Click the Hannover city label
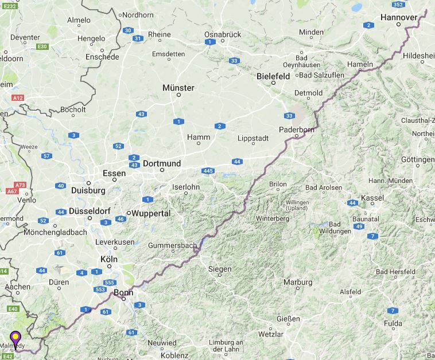click(398, 18)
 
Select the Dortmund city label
click(162, 163)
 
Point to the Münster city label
click(178, 88)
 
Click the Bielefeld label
click(273, 76)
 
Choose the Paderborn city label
click(297, 130)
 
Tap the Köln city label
click(108, 259)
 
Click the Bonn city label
click(123, 292)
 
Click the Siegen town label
click(220, 268)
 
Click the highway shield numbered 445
click(208, 171)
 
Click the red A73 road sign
click(21, 185)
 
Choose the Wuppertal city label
click(152, 213)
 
